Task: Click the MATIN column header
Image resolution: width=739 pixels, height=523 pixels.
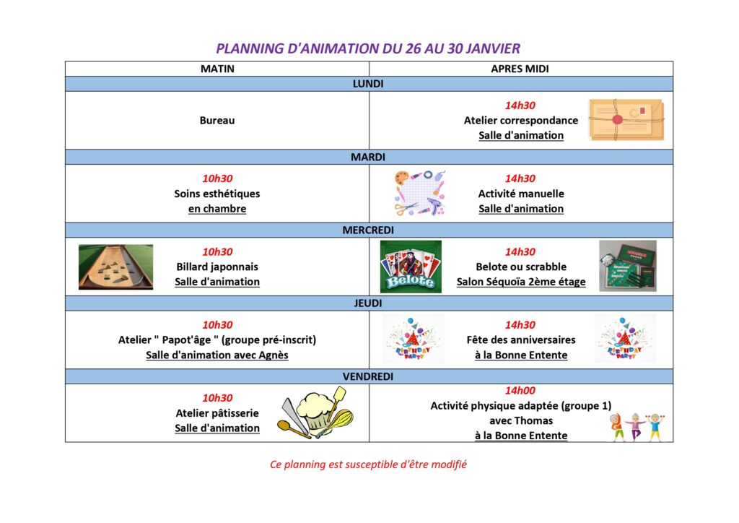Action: point(217,69)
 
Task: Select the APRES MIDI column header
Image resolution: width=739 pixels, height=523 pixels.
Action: point(520,69)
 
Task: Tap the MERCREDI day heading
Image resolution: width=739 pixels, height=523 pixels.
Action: point(368,230)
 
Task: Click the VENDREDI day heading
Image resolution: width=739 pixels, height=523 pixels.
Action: point(368,376)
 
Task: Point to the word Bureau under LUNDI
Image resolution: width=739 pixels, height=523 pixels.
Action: point(217,120)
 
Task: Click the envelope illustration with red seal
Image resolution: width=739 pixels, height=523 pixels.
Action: point(627,120)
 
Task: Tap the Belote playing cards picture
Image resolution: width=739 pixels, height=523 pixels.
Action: point(411,267)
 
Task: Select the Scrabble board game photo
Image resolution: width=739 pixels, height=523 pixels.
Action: point(628,266)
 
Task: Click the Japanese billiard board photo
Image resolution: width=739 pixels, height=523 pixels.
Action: point(116,267)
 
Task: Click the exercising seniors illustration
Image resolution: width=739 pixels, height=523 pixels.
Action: point(637,427)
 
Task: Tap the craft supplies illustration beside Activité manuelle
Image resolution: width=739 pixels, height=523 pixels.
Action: point(419,194)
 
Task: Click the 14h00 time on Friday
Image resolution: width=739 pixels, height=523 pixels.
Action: point(520,391)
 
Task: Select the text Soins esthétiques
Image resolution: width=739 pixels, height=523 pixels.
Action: point(217,194)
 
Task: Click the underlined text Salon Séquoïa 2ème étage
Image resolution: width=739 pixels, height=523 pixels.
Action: point(521,282)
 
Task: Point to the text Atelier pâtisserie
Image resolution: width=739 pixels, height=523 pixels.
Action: point(217,413)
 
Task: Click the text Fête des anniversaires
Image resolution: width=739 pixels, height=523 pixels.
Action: point(521,340)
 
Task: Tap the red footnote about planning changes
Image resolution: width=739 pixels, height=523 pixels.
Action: point(368,464)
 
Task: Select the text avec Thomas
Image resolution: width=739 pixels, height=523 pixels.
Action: point(521,420)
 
